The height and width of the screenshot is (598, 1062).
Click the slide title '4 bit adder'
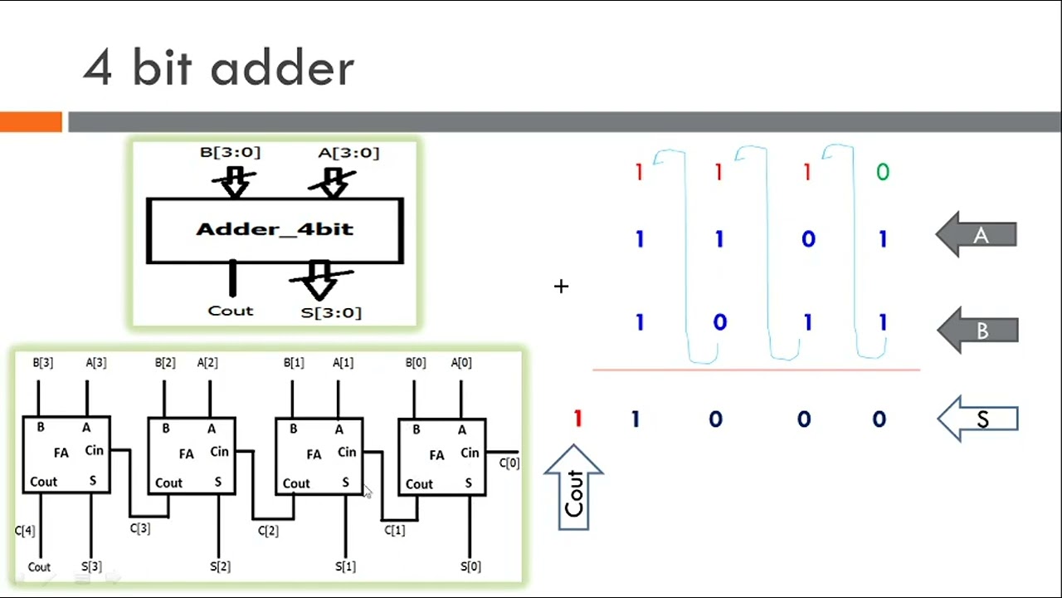click(218, 68)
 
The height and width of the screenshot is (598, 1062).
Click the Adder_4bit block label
click(275, 229)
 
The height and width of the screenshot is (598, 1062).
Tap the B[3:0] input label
click(230, 152)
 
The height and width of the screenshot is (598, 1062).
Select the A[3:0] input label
click(348, 152)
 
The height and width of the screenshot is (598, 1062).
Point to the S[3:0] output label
click(331, 312)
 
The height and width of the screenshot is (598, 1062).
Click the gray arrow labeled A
click(977, 235)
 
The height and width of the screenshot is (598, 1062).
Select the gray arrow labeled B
click(977, 331)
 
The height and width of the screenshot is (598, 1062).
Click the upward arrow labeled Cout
click(574, 488)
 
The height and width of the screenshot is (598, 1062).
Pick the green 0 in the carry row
click(882, 172)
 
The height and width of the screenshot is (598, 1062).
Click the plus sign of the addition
click(562, 287)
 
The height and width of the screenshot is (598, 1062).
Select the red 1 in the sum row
click(577, 419)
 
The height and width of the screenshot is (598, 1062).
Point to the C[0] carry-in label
click(509, 463)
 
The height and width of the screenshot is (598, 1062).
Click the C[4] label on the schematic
click(25, 530)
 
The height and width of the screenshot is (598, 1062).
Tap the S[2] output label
click(220, 566)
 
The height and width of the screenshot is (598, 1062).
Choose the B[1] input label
click(294, 362)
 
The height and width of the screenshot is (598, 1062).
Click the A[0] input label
click(461, 362)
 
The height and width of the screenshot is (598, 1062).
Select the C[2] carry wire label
click(267, 530)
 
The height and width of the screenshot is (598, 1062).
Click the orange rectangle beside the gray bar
click(31, 122)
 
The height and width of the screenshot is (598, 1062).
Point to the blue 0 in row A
click(807, 239)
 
